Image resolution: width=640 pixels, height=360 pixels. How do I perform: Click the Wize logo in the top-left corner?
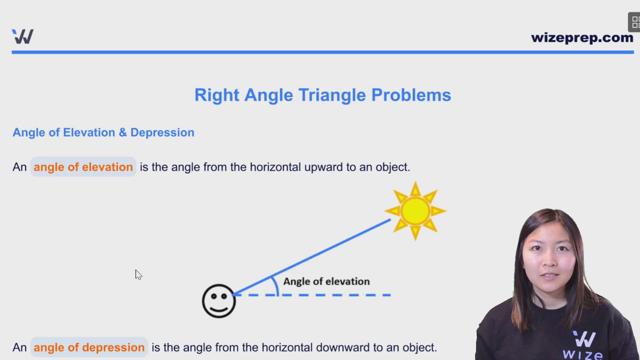[23, 36]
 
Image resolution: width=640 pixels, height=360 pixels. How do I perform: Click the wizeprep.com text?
[582, 38]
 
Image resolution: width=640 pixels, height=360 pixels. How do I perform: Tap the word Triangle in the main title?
[332, 95]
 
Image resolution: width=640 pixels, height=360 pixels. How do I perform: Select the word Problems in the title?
[411, 95]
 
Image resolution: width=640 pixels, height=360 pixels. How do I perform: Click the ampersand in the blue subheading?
[123, 132]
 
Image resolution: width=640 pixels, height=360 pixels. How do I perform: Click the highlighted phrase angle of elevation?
[83, 167]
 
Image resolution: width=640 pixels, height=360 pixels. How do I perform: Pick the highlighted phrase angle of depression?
[89, 347]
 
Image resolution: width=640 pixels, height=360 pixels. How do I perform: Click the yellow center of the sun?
[415, 211]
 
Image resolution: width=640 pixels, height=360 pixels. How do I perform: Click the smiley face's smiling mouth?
[219, 308]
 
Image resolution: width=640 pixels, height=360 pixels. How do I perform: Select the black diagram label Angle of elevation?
[326, 281]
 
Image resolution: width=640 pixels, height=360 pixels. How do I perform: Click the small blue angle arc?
[276, 285]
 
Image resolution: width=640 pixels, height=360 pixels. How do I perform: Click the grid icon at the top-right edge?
[635, 22]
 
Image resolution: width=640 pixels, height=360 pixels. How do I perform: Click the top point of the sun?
[415, 184]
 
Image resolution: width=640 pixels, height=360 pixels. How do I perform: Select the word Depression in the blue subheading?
[162, 132]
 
